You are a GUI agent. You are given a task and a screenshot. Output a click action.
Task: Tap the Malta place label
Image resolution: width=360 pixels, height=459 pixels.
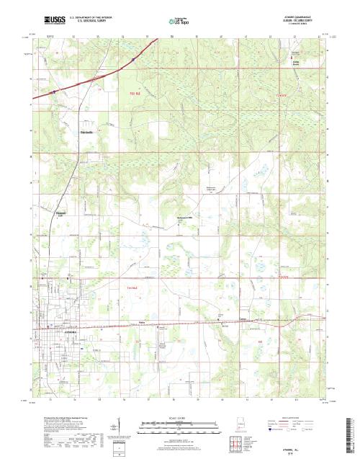[142, 322]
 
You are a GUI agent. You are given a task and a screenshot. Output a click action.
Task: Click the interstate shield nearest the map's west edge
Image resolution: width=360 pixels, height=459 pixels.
[53, 92]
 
